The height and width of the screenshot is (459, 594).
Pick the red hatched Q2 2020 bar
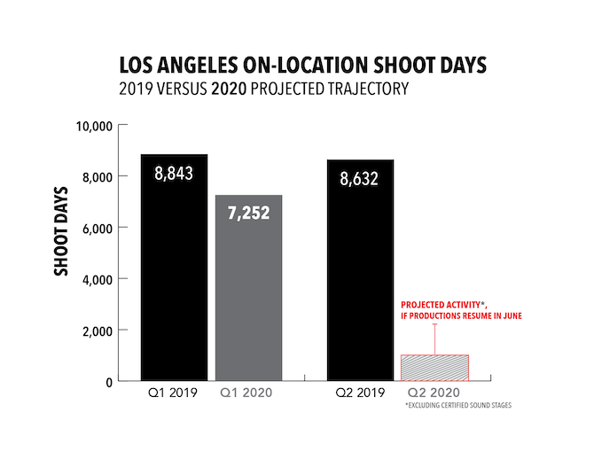pyautogui.click(x=434, y=368)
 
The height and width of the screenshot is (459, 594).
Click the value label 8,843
pyautogui.click(x=174, y=173)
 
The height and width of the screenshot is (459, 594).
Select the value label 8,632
pyautogui.click(x=360, y=179)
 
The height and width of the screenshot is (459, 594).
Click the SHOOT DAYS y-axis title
pyautogui.click(x=62, y=230)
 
